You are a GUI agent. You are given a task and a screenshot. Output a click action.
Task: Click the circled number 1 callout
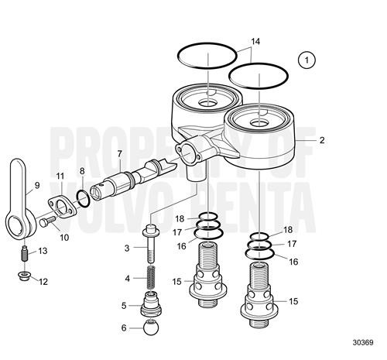[309, 58]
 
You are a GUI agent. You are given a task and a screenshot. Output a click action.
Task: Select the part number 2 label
[322, 140]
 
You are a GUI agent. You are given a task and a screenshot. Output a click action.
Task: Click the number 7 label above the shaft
[119, 153]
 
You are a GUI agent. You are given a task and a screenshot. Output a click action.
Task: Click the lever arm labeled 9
[19, 201]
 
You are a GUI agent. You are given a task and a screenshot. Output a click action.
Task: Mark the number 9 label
[36, 186]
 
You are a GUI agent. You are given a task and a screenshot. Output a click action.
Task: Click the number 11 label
[60, 177]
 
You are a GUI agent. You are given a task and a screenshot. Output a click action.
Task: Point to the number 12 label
[43, 281]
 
